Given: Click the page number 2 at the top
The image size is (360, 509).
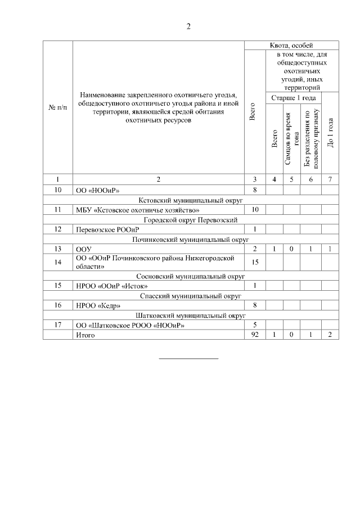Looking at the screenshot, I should coord(189,26).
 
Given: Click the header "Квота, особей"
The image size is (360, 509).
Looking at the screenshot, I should coord(291,45).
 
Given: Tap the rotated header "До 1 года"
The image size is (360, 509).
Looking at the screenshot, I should coord(330,134).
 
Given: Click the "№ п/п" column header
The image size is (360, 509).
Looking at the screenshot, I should coord(58,107).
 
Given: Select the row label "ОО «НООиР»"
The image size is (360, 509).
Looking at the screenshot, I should coord(97,190).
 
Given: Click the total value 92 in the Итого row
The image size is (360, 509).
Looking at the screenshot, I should coord(255,335).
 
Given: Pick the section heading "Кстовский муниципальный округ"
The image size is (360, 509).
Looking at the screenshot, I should coord(191,200).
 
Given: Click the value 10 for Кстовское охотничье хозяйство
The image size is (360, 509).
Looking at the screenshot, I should coord(255,210).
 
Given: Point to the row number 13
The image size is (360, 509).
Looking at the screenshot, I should coord(58,249).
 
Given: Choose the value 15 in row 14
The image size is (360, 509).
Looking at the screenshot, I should coord(255,262).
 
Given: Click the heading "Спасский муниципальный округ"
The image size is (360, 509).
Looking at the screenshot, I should coord(191,295).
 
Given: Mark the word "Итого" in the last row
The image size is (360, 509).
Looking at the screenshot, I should coord(85,335).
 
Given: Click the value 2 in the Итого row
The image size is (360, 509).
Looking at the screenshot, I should coord(330,335).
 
